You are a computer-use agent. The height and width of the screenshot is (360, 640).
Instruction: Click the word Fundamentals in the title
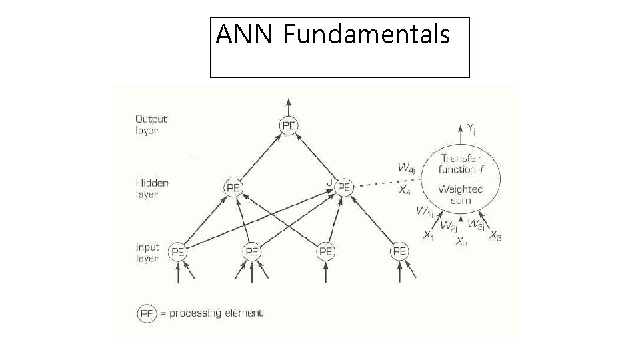[x=367, y=34]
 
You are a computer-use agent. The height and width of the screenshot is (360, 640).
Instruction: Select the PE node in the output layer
[x=289, y=125]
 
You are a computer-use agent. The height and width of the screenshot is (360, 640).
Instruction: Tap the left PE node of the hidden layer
[x=233, y=188]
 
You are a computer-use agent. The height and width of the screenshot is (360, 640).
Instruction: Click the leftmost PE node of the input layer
[x=178, y=251]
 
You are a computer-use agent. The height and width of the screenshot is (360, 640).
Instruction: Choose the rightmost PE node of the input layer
[x=399, y=251]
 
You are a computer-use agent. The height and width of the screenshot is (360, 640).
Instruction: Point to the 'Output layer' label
[x=151, y=125]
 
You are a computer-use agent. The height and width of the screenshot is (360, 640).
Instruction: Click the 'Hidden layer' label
[x=152, y=188]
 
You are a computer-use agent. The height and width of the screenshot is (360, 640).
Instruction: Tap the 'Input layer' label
[x=148, y=252]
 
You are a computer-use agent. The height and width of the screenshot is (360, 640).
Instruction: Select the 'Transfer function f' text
[x=463, y=163]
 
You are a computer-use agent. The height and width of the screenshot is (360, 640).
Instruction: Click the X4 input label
[x=404, y=190]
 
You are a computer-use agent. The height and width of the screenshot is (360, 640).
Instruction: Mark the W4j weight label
[x=405, y=168]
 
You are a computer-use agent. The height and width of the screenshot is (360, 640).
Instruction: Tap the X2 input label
[x=461, y=243]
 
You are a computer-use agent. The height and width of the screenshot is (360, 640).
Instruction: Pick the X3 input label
[x=495, y=236]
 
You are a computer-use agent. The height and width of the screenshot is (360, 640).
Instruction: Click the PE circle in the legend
[x=147, y=313]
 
